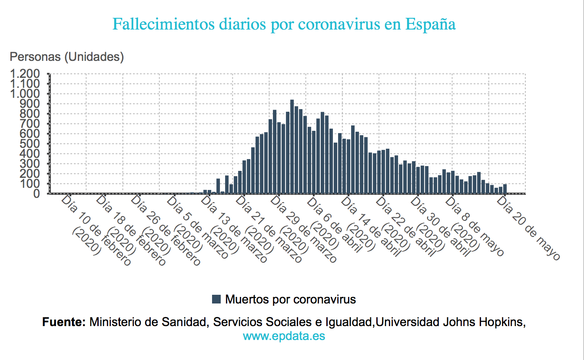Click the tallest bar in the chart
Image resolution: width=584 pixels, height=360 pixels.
[x=292, y=147]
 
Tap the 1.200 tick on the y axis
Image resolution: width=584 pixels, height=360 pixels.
[x=25, y=74]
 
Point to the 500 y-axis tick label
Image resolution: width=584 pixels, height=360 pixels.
[x=30, y=144]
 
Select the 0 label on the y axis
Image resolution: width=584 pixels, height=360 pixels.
[x=36, y=194]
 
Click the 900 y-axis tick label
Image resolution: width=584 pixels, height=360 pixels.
[x=30, y=104]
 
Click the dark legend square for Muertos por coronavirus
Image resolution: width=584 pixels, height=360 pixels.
[x=216, y=299]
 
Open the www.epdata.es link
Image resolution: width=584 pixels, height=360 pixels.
[x=284, y=336]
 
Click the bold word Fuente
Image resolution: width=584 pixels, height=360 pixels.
[x=64, y=322]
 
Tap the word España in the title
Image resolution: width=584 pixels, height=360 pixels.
[x=431, y=24]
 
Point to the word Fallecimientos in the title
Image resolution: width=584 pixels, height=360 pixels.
[x=164, y=24]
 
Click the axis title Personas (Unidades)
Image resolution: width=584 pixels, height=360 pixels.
[x=67, y=57]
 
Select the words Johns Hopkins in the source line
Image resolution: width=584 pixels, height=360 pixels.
[x=483, y=322]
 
